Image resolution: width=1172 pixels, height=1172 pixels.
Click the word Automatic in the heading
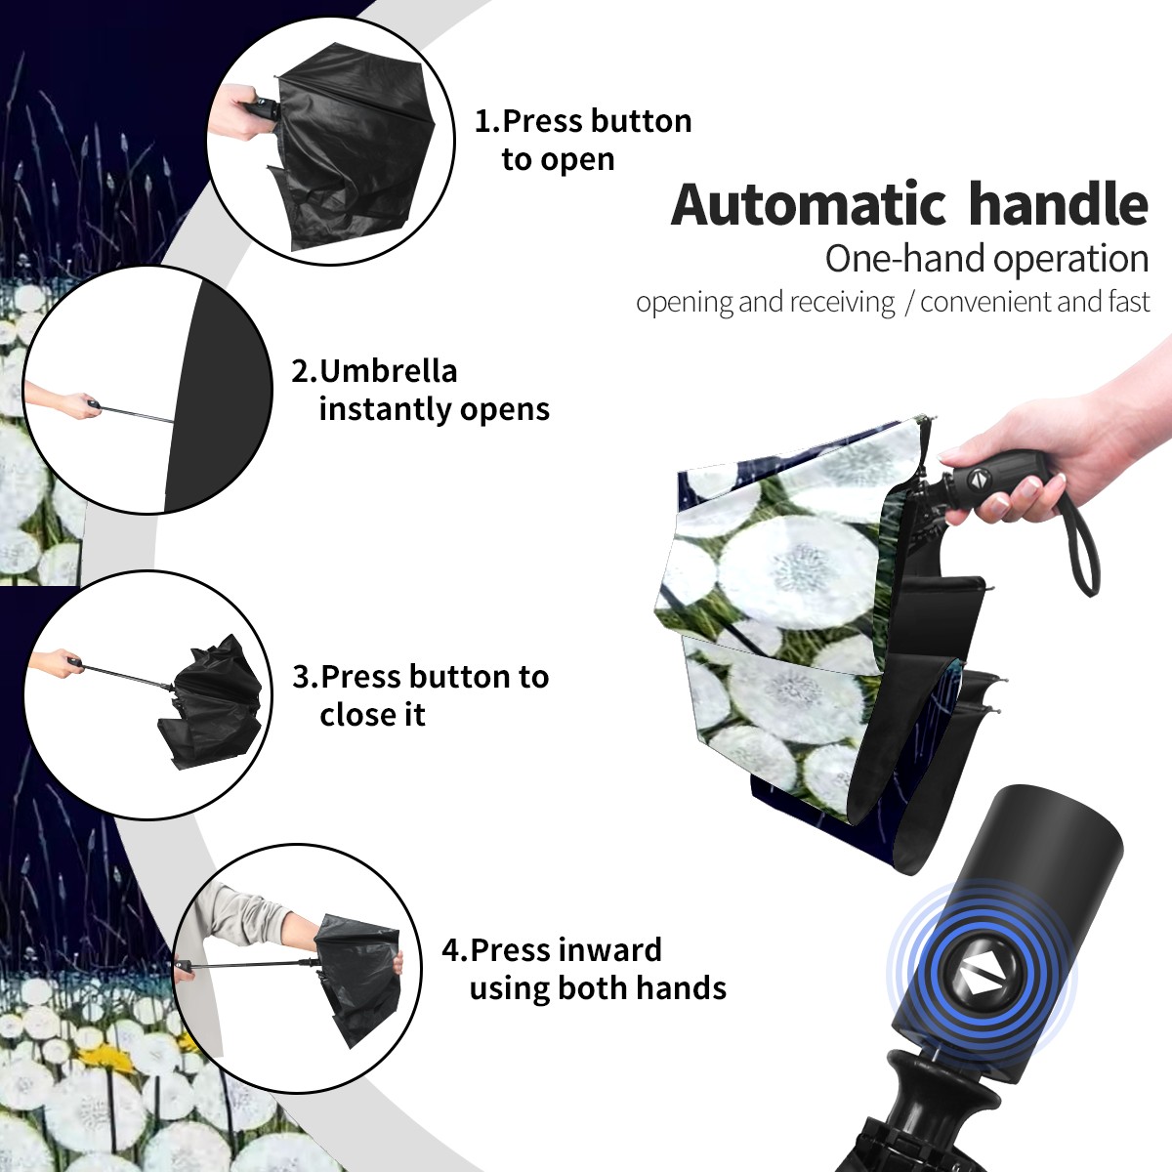tap(809, 205)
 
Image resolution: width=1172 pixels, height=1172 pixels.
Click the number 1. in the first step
tap(486, 121)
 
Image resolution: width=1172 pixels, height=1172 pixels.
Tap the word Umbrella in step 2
tap(388, 371)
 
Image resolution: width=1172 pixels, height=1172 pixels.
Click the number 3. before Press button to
tap(306, 677)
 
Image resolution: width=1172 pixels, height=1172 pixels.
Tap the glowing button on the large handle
tap(981, 981)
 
